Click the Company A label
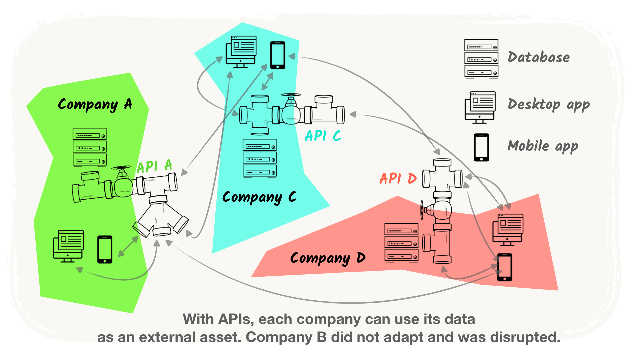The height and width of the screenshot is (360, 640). [x=95, y=105]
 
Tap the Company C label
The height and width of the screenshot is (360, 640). [x=259, y=197]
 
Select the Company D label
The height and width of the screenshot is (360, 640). [x=328, y=258]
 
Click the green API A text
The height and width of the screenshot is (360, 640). [x=154, y=166]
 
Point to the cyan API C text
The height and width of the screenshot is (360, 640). [x=323, y=136]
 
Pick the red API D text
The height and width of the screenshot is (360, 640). [x=398, y=179]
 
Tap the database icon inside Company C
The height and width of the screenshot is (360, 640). [x=260, y=158]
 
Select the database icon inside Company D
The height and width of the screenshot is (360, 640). [x=401, y=242]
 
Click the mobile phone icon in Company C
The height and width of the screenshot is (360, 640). [x=277, y=55]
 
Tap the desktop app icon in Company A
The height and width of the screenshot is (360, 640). [x=68, y=246]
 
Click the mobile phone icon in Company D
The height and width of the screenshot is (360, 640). [x=504, y=267]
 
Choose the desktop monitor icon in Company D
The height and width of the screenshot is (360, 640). [x=508, y=230]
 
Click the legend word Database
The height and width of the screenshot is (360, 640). [x=539, y=57]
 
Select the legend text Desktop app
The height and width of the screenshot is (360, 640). [x=549, y=105]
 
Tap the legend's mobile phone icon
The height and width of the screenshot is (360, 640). [x=481, y=147]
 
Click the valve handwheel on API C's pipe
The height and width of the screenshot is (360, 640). [x=291, y=96]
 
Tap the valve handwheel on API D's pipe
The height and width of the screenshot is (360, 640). [x=422, y=210]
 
